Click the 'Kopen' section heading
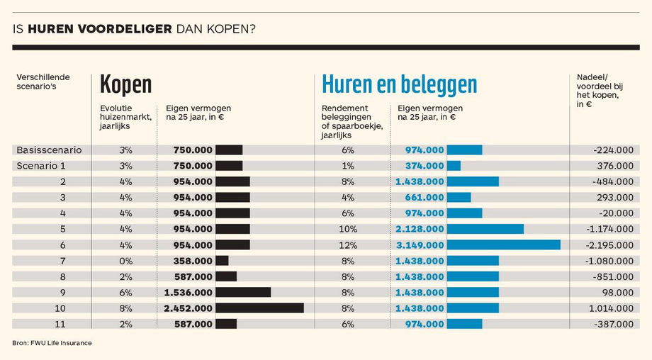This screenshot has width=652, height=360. point(126,84)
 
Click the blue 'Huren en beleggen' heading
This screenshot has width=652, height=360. point(399,84)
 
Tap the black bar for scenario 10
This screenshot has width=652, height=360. point(259,308)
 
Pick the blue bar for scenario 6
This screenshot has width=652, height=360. point(503,244)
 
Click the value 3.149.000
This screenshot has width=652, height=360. point(420,244)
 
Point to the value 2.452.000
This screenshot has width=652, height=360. point(188,308)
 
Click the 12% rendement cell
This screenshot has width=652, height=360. point(347,244)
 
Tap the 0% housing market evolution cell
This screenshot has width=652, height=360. point(126,261)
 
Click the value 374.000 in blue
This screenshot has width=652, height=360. point(425,166)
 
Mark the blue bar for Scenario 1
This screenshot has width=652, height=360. point(454,166)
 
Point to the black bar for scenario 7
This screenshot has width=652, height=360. point(222,261)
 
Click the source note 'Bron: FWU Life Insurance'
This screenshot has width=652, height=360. point(52,343)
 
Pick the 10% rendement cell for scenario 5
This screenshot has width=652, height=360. point(347,229)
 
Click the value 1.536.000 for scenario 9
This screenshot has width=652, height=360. point(188,292)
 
